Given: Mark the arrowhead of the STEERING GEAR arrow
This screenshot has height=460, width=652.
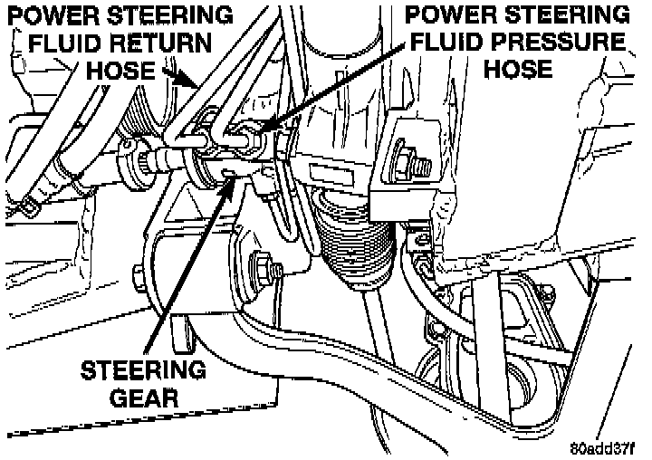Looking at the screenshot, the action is (237, 176).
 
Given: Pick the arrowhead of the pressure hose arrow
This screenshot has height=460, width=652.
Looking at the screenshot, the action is (256, 134).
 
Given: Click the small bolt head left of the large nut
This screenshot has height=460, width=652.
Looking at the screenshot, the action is (137, 271).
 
